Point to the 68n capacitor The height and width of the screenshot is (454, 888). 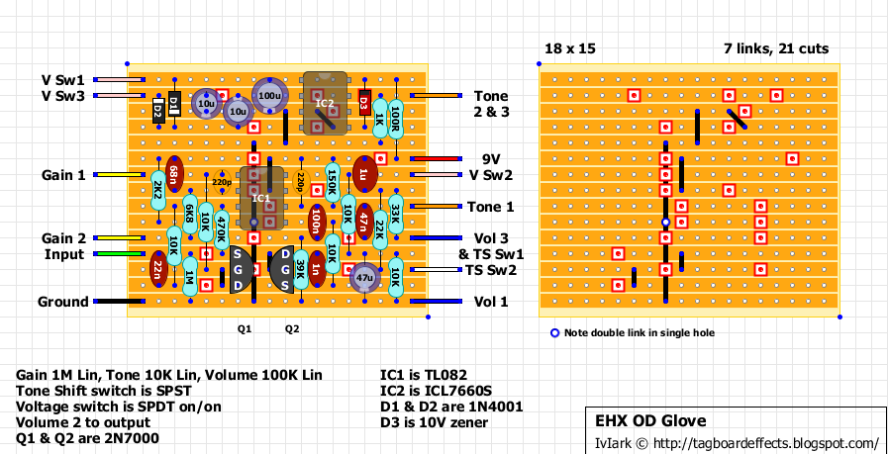(x=174, y=175)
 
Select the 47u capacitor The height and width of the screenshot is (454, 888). (x=365, y=280)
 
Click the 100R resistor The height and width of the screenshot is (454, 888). (x=395, y=120)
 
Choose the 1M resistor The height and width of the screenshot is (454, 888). (x=189, y=280)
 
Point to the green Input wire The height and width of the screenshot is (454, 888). (x=119, y=254)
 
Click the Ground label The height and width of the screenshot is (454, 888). (x=63, y=302)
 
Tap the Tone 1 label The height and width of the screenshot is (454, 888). (x=493, y=207)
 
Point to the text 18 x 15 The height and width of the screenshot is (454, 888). (x=570, y=48)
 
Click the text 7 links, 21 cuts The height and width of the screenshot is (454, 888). (x=776, y=48)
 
